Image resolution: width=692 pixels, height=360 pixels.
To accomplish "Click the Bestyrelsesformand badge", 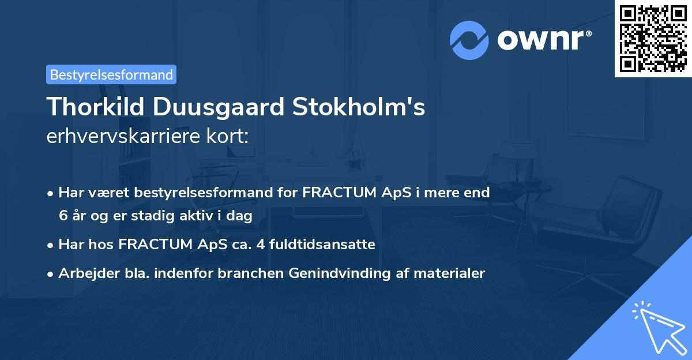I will tap(111, 74).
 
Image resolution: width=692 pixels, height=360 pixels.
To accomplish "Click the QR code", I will tap(653, 39).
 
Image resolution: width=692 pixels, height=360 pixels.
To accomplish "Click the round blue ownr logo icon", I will tap(469, 40).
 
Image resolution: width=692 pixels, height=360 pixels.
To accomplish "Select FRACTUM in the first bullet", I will tap(332, 193).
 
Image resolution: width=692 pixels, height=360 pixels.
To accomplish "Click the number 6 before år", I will tap(62, 215).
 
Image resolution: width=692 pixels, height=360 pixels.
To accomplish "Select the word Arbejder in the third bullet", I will tap(84, 273).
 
